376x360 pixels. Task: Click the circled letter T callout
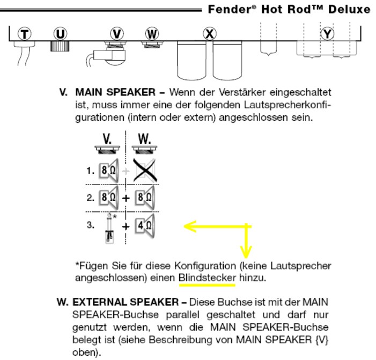coord(25,34)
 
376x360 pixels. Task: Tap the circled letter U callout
coord(60,34)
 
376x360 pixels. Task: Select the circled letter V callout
coord(117,34)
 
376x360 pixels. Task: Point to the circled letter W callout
coord(152,34)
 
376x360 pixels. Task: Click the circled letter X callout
coord(210,34)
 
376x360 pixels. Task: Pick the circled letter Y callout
coord(327,34)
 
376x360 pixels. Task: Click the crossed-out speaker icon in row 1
coord(145,170)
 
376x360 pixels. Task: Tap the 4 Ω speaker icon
coord(145,226)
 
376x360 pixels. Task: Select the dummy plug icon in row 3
coord(109,228)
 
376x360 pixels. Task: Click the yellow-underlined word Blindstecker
coord(208,278)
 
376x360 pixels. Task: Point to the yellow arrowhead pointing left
coord(190,226)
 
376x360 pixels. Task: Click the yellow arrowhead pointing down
coord(246,252)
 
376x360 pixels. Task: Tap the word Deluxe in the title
coord(349,10)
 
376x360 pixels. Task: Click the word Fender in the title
coord(229,10)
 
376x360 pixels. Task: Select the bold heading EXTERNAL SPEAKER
coord(126,302)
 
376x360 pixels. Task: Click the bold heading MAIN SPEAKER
coord(115,92)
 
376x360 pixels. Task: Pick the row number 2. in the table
coord(91,198)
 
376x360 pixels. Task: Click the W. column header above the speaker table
coord(144,139)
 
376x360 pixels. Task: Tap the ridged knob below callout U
coord(60,46)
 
